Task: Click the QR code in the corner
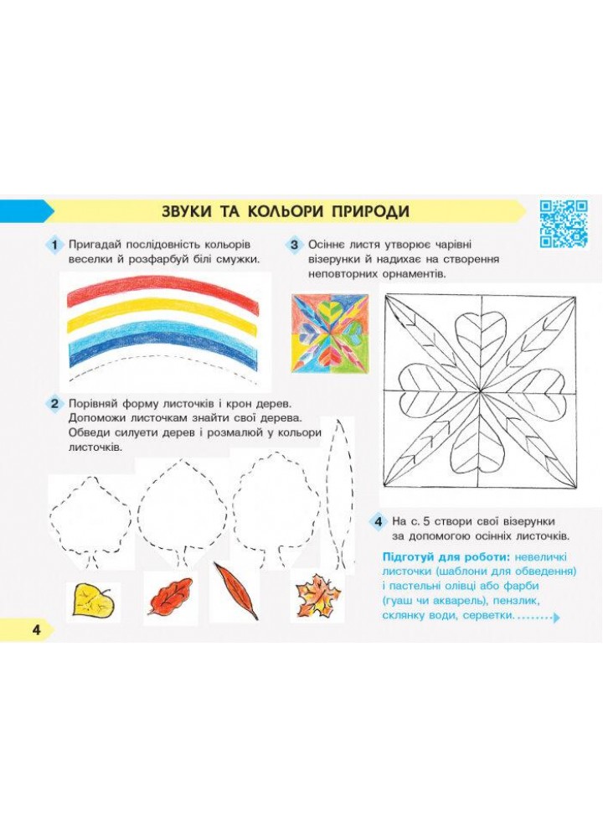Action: (x=564, y=224)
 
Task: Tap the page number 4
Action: (x=36, y=629)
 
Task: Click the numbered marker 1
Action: (x=54, y=246)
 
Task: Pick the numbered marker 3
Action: (x=294, y=246)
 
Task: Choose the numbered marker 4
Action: (x=378, y=521)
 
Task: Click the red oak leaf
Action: (x=169, y=596)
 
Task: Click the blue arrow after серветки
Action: (x=557, y=618)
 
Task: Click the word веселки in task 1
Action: (x=89, y=260)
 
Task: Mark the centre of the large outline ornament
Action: (x=480, y=391)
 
